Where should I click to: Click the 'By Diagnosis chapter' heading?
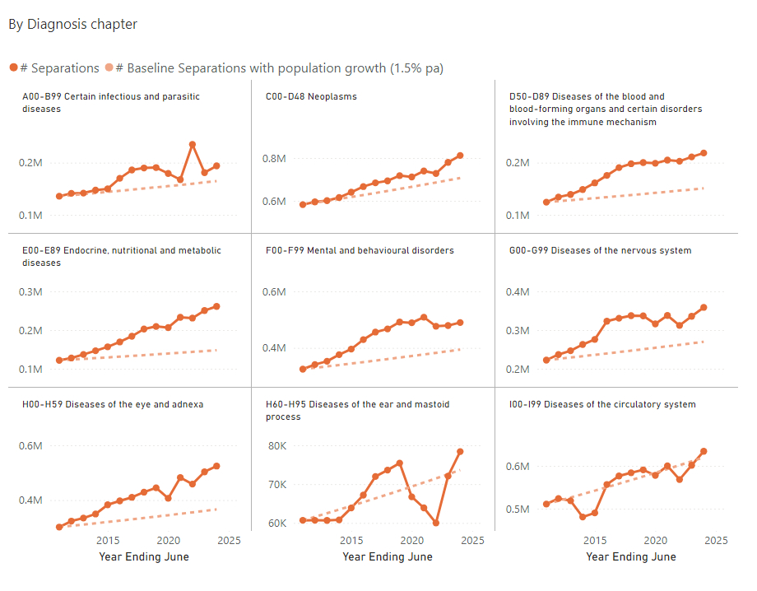pyautogui.click(x=72, y=25)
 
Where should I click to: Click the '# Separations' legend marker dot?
pyautogui.click(x=14, y=68)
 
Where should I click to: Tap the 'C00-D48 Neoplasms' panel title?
pyautogui.click(x=311, y=97)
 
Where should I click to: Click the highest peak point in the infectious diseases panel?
pyautogui.click(x=193, y=145)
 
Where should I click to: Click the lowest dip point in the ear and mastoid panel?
pyautogui.click(x=435, y=523)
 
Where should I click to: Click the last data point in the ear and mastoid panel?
pyautogui.click(x=460, y=452)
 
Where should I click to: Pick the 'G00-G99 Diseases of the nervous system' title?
pyautogui.click(x=600, y=250)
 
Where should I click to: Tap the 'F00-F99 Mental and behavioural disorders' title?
pyautogui.click(x=360, y=250)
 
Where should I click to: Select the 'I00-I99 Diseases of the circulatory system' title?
pyautogui.click(x=602, y=404)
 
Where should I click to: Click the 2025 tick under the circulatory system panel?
pyautogui.click(x=716, y=541)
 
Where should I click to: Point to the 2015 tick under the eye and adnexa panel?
pyautogui.click(x=107, y=541)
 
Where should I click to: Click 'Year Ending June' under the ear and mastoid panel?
pyautogui.click(x=388, y=557)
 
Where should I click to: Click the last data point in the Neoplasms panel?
pyautogui.click(x=460, y=156)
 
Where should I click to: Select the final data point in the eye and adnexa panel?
pyautogui.click(x=216, y=466)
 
